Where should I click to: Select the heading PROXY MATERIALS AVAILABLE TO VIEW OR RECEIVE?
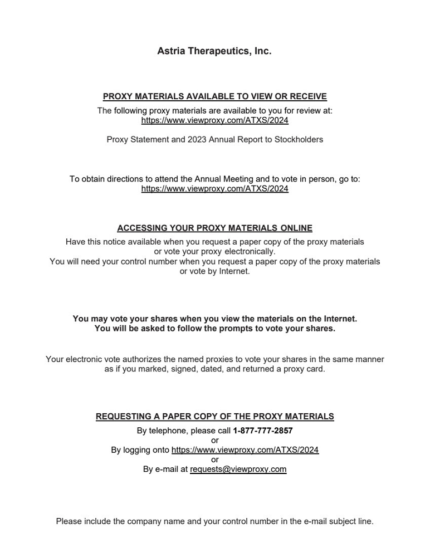point(214,96)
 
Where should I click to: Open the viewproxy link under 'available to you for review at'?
point(214,120)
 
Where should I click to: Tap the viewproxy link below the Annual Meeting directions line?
point(214,189)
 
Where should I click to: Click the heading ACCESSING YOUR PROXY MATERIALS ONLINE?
point(214,228)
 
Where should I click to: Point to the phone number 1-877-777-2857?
point(263,431)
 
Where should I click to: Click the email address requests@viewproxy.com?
point(238,470)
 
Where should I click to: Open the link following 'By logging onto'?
point(245,450)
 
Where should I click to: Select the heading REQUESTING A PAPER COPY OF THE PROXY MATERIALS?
point(214,417)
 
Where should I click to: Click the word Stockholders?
point(299,140)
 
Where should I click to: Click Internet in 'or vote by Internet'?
point(234,272)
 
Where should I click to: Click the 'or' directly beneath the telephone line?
point(215,441)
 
